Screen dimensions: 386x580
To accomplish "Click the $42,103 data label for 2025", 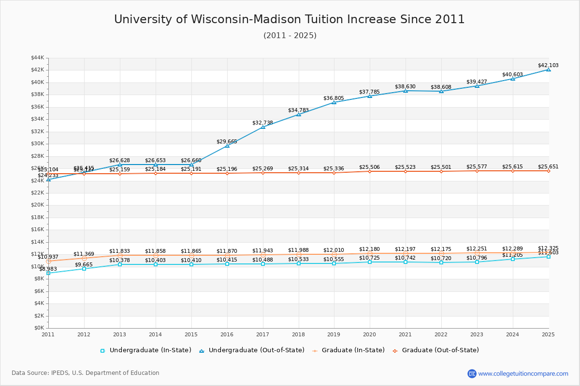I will tap(548, 66).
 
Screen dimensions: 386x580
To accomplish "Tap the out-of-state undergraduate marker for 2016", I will tap(227, 145).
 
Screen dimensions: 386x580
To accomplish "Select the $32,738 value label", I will tap(262, 123).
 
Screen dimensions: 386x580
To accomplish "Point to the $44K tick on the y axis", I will tap(37, 57).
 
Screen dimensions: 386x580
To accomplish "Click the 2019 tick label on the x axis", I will tap(334, 334).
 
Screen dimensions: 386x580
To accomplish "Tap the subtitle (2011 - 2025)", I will tap(290, 35).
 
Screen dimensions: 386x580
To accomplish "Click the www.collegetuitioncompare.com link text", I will tap(523, 373).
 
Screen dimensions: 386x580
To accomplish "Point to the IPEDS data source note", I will tap(86, 373).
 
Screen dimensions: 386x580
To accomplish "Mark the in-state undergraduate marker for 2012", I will tap(84, 269).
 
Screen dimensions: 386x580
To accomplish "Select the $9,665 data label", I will tap(84, 264).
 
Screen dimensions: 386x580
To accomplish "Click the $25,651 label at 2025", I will tap(548, 166).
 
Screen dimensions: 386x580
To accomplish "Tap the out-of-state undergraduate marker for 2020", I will tap(370, 96).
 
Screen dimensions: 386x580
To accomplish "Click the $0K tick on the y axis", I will tap(39, 328).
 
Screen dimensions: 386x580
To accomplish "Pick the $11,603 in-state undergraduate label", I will tap(548, 252).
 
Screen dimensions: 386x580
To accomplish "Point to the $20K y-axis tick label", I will tap(37, 205).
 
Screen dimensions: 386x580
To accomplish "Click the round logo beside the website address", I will tap(472, 373).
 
